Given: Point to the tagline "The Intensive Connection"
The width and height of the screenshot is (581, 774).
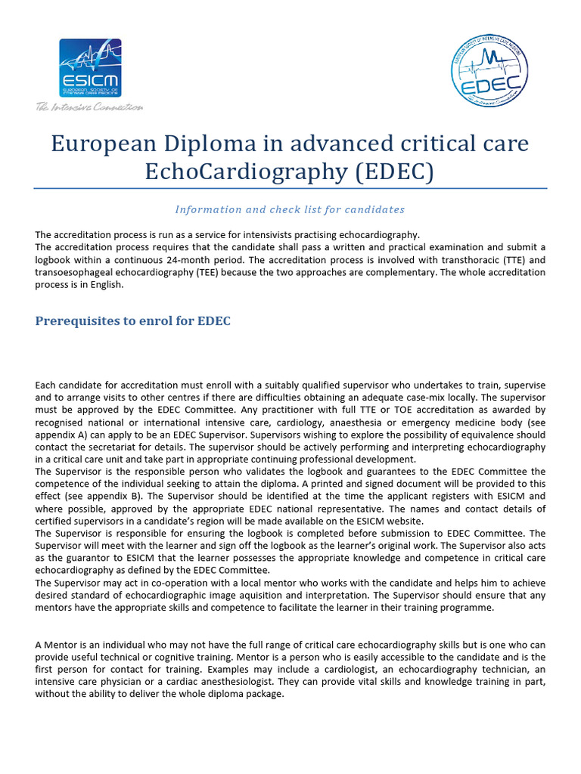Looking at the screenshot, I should [x=89, y=107].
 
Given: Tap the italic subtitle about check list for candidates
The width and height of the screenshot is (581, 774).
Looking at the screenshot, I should [x=290, y=209].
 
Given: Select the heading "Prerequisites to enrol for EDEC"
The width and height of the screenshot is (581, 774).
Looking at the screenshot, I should [x=132, y=321].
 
